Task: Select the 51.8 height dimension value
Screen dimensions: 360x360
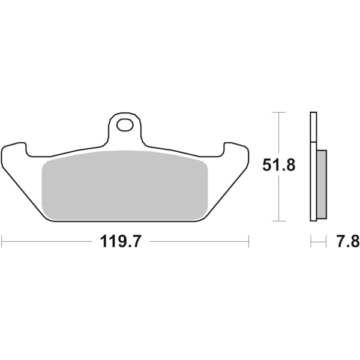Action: click(x=278, y=166)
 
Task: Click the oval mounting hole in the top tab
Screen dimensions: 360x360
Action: click(x=126, y=125)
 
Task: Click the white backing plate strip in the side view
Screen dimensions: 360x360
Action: click(x=313, y=168)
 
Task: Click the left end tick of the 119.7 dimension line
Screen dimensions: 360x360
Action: click(x=2, y=242)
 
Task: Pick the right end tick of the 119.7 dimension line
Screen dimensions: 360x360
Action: click(x=248, y=242)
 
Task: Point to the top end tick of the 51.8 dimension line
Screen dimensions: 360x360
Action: click(x=278, y=112)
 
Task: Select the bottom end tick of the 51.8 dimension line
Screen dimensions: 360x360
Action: click(x=278, y=221)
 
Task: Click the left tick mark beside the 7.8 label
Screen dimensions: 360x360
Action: click(x=311, y=242)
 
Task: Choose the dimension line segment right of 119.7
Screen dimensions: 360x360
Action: click(x=198, y=242)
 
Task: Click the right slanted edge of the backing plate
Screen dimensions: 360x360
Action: click(x=226, y=192)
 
